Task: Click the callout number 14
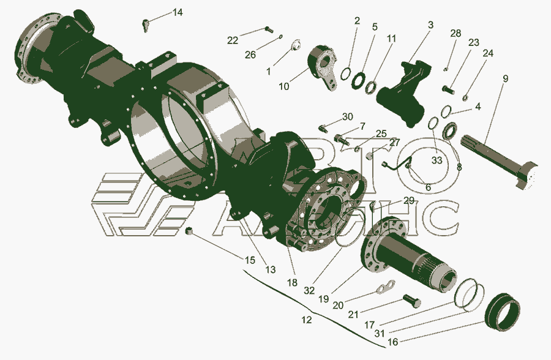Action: click(178, 13)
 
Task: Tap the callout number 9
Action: click(505, 79)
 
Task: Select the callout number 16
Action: click(393, 342)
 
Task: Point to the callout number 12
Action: click(307, 320)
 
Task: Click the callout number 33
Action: click(437, 160)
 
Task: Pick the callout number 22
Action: click(233, 40)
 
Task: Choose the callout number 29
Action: click(409, 201)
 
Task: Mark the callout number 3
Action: click(430, 25)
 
